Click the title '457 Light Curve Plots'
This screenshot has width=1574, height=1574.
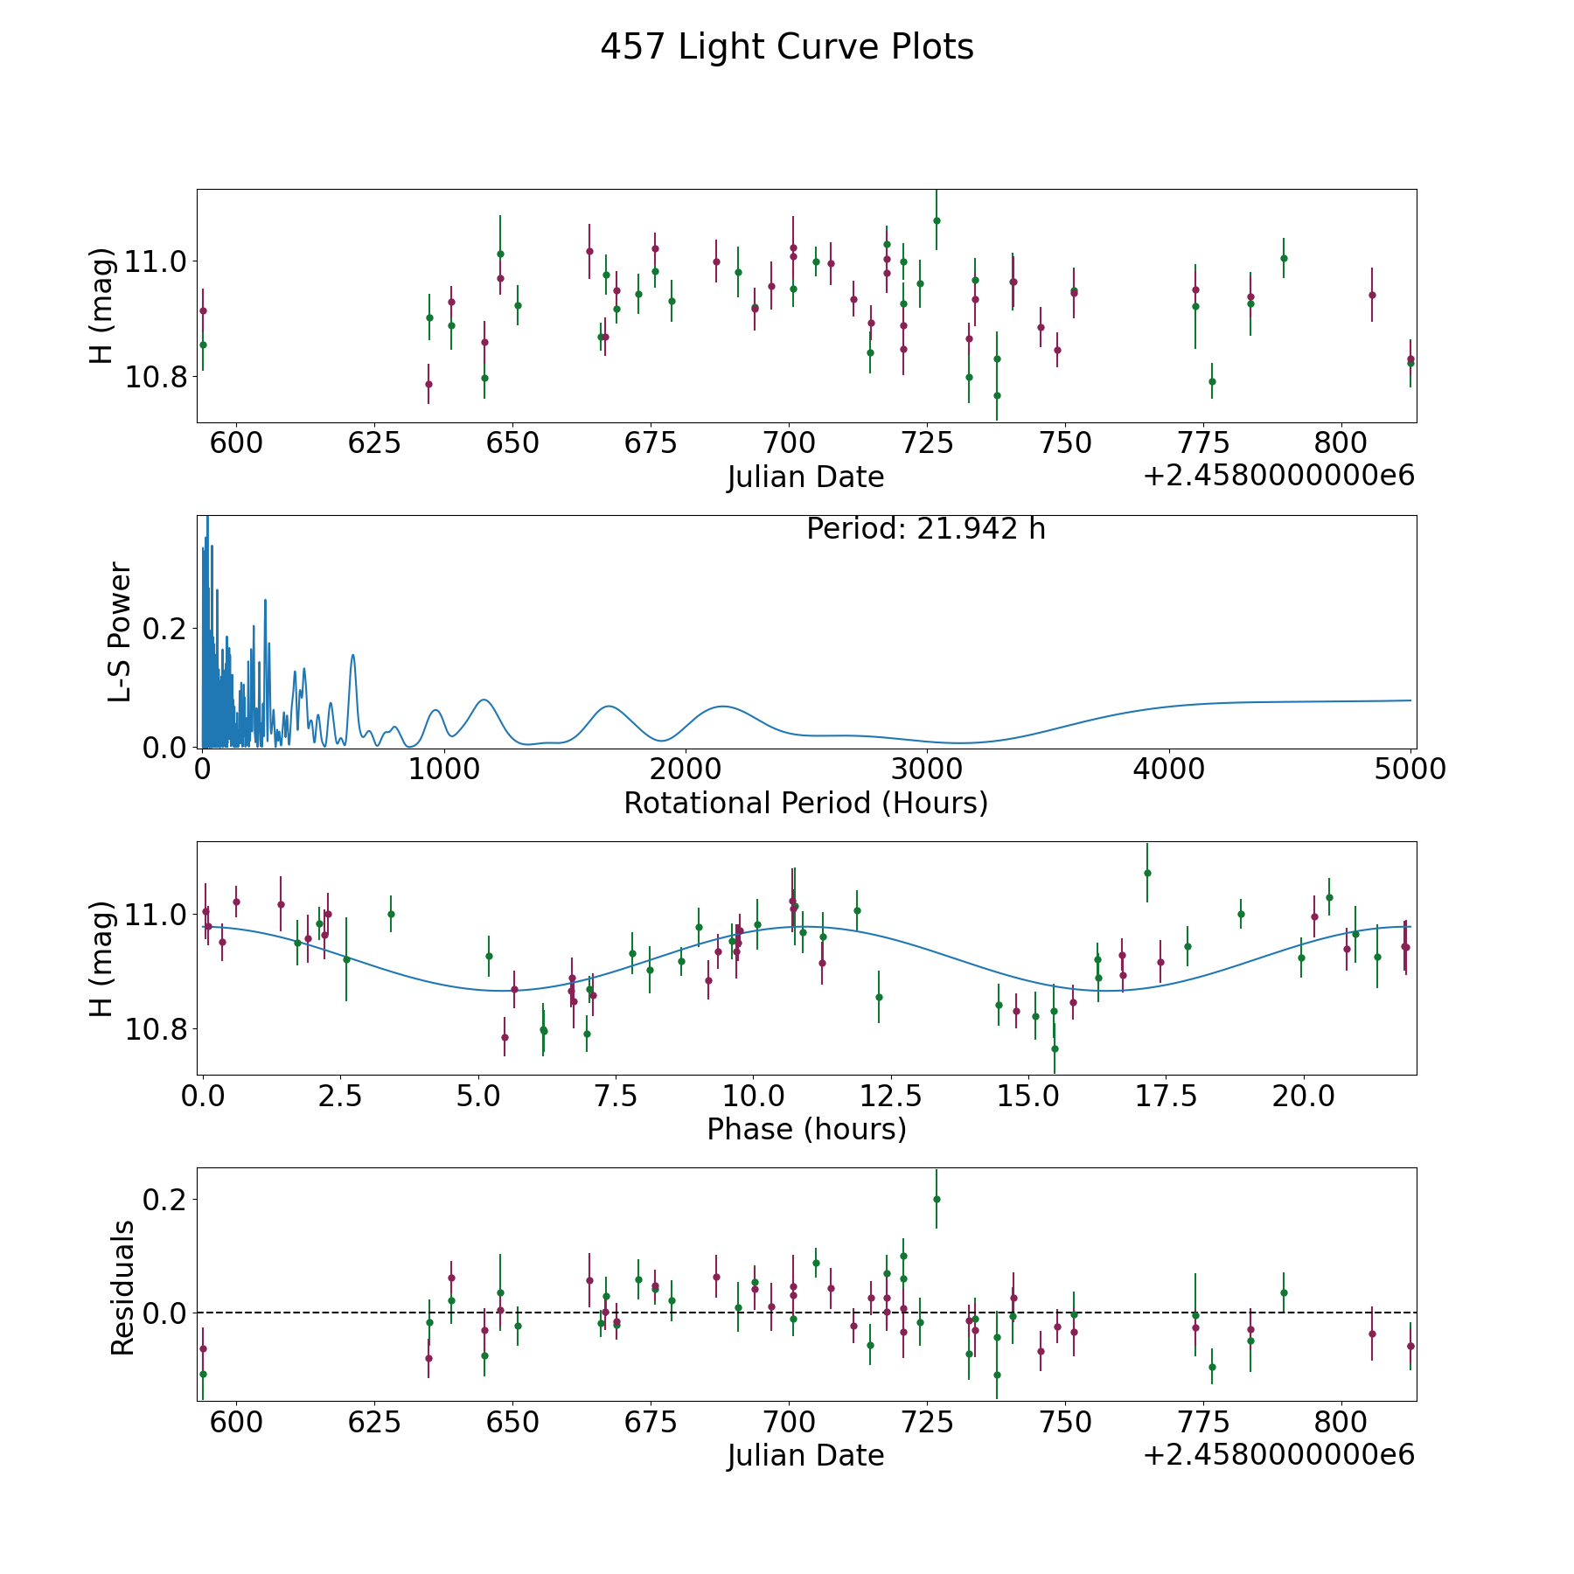coord(786,47)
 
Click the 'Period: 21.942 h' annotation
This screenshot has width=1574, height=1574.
coord(925,529)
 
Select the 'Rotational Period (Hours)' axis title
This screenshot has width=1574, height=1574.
coord(805,803)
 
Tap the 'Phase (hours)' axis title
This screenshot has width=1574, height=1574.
coord(805,1129)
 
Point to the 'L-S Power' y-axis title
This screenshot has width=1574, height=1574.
coord(120,632)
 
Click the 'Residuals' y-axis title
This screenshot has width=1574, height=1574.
coord(122,1287)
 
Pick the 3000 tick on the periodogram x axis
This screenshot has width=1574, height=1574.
coord(926,770)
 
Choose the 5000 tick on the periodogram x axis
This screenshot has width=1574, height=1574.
coord(1410,770)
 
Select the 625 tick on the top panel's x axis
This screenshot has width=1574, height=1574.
coord(374,443)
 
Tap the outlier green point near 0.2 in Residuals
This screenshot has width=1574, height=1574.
coord(937,1199)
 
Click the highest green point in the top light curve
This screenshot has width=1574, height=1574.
coord(937,220)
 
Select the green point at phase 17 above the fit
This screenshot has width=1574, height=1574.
coord(1147,873)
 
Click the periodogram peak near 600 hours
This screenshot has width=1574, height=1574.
coord(353,655)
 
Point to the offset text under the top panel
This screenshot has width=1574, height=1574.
coord(1278,477)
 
